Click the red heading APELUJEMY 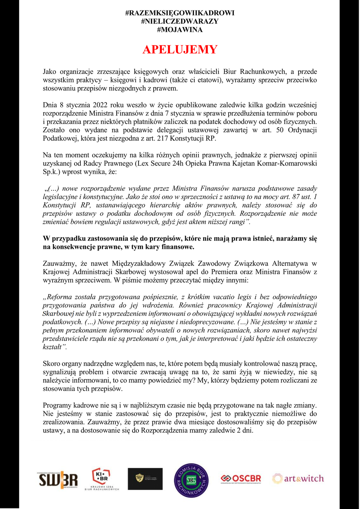click(180, 50)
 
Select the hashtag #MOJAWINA click(180, 30)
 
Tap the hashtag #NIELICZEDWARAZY click(180, 21)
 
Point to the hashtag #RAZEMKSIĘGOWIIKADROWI click(180, 13)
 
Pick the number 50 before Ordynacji click(280, 130)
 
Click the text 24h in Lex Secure click(187, 164)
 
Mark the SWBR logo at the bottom click(58, 479)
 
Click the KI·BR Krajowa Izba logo click(102, 479)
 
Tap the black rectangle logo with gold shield click(145, 479)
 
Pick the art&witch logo click(298, 478)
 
